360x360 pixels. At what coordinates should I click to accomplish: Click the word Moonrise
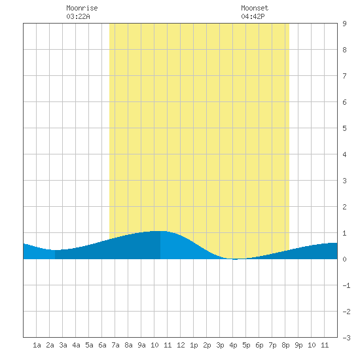pos(82,8)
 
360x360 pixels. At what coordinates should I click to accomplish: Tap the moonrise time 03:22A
pos(78,16)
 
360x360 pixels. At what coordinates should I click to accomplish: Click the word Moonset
pos(255,8)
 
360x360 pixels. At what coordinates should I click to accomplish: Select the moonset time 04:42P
pos(253,16)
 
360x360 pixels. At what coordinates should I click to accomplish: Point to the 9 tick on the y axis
pos(344,24)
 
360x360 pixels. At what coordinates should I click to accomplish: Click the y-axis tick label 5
pos(344,128)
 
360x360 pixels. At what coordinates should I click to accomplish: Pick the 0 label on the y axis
pos(344,259)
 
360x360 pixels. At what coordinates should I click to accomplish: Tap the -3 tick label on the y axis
pos(346,338)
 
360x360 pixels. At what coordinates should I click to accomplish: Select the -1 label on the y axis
pos(346,285)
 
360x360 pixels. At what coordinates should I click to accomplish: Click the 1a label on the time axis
pos(37,345)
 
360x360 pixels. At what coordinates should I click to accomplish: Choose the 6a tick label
pos(102,345)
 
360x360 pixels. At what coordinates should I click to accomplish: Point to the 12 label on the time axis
pos(181,345)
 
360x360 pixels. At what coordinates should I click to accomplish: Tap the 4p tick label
pos(233,345)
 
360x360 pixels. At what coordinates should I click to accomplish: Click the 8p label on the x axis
pos(285,345)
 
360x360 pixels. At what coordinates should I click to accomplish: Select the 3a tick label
pos(63,345)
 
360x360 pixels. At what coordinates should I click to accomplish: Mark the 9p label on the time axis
pos(298,345)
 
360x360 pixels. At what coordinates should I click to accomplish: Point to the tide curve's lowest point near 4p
pos(235,259)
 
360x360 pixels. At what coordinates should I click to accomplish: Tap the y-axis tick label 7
pos(344,76)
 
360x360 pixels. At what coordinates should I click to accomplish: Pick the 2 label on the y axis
pos(344,207)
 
